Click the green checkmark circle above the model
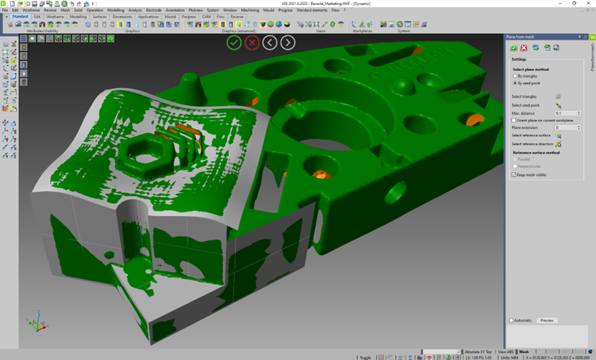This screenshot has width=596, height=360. (x=234, y=43)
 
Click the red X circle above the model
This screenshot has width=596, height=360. (x=251, y=43)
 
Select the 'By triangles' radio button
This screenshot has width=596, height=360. (x=515, y=76)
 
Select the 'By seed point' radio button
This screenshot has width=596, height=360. (x=515, y=83)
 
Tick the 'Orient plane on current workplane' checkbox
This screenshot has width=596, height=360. (x=514, y=120)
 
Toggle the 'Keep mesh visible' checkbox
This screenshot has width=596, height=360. (x=514, y=175)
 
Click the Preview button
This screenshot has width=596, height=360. (x=546, y=320)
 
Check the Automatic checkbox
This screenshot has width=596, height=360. (x=511, y=320)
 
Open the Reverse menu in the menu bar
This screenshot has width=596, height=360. (x=50, y=11)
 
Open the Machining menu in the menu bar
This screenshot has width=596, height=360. (x=249, y=11)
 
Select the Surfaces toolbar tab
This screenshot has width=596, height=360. (x=99, y=17)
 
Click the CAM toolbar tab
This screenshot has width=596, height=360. (x=206, y=17)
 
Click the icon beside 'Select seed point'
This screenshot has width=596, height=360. (x=558, y=105)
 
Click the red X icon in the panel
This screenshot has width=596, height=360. (x=524, y=48)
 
